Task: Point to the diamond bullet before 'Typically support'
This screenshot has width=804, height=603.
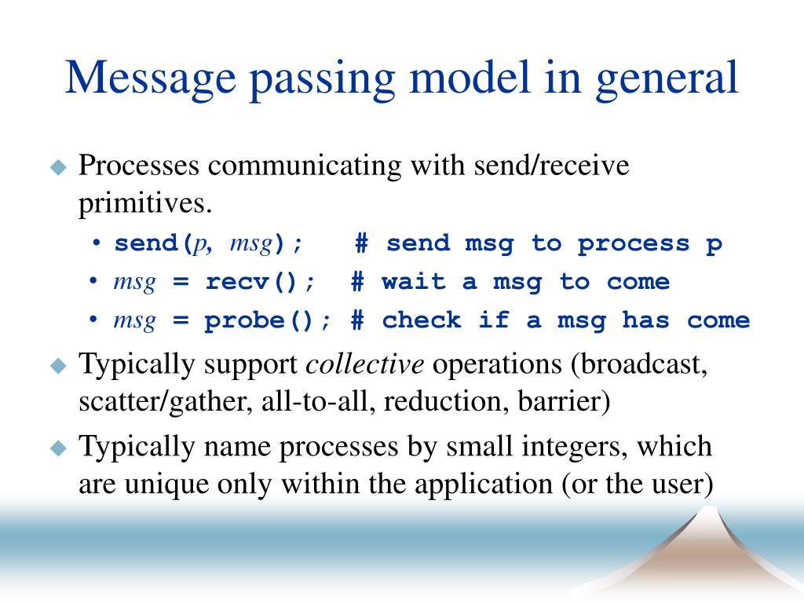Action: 59,366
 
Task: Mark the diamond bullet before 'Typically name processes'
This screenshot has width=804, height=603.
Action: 59,448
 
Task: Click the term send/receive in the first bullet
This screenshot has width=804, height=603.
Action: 551,166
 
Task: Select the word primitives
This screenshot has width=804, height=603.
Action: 144,204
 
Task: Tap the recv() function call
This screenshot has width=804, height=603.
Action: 260,282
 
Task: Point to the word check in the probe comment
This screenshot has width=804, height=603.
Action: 421,320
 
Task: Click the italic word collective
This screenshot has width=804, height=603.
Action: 364,364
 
